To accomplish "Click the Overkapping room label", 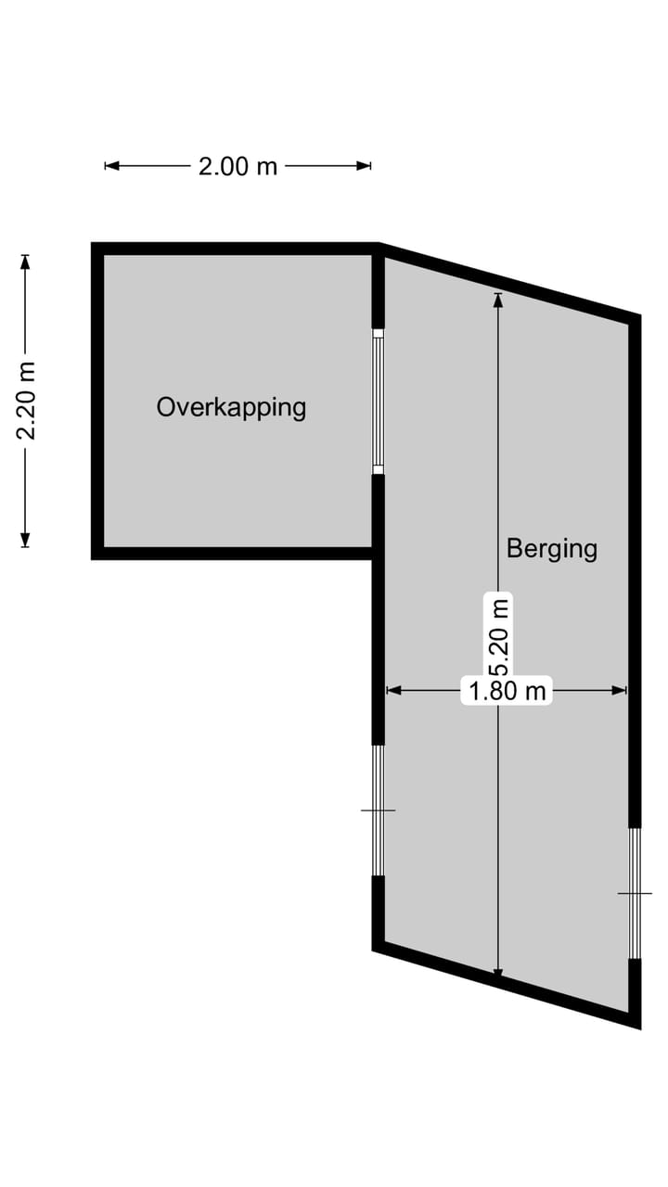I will (x=231, y=407).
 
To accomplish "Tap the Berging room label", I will (x=551, y=548).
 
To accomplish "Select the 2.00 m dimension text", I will (x=238, y=166).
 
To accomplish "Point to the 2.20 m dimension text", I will (x=27, y=401).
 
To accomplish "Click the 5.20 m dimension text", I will (x=499, y=637).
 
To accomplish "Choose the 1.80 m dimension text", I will (x=507, y=690).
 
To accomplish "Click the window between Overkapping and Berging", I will (x=378, y=401).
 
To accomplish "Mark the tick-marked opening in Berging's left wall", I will (x=378, y=810).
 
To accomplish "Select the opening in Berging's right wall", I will (x=635, y=893).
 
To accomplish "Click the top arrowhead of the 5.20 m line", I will (x=498, y=299).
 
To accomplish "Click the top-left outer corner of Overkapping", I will (x=93, y=244).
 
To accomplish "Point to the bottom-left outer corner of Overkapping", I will (x=93, y=558).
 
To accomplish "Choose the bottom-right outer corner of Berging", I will (x=640, y=1027).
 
